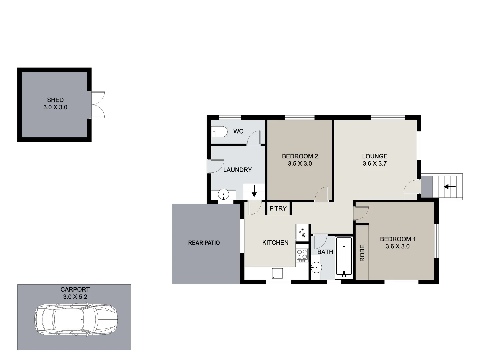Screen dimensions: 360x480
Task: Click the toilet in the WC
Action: click(219, 132)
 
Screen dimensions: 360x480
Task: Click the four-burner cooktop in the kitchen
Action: click(302, 255)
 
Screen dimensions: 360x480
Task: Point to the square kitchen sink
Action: click(277, 273)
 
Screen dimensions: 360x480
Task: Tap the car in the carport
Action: click(76, 319)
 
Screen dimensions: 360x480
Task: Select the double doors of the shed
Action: click(97, 105)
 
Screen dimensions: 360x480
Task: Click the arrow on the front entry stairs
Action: click(450, 187)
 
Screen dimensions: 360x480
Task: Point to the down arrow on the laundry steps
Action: click(254, 191)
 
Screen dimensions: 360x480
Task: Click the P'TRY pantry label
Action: click(278, 209)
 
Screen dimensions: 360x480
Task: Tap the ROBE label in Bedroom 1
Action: click(362, 253)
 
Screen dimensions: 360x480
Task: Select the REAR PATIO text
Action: click(204, 243)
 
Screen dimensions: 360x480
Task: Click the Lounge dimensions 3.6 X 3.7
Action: click(375, 164)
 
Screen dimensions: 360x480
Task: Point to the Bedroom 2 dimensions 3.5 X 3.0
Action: click(300, 164)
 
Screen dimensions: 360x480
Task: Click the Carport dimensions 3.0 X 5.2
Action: click(75, 297)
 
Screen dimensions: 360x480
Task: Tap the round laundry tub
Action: click(223, 194)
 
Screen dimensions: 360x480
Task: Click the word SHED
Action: click(55, 100)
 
